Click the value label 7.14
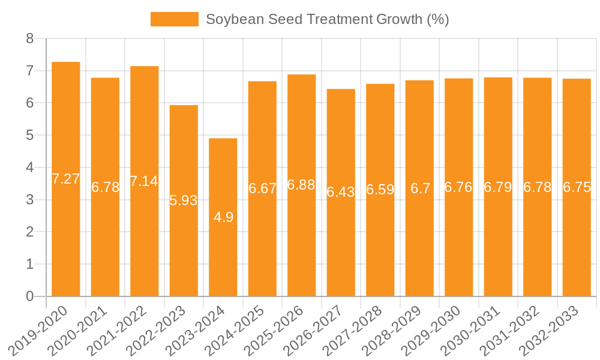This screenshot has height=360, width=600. [x=144, y=181]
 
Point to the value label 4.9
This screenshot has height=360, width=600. [x=223, y=217]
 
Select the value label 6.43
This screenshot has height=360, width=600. [x=341, y=192]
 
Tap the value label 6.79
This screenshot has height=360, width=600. [x=498, y=187]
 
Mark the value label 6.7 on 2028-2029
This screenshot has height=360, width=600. [x=420, y=188]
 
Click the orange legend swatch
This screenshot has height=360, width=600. [x=174, y=19]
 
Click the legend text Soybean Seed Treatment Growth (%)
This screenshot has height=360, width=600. [x=328, y=19]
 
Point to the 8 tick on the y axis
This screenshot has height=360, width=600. [x=30, y=39]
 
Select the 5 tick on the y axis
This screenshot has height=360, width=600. [x=30, y=136]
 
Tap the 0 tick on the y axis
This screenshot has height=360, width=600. [x=30, y=296]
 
